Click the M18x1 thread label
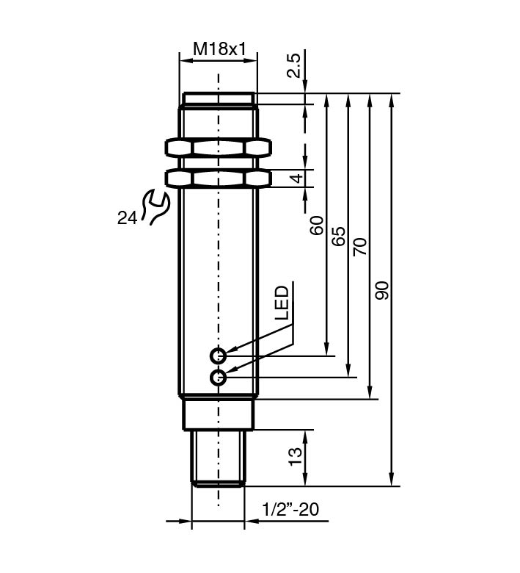[x=218, y=49]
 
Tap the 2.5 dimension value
[x=294, y=67]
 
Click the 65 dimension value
[x=338, y=236]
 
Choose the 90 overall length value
[x=382, y=290]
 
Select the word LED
[x=282, y=303]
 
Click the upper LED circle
[x=218, y=356]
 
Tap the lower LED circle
[x=218, y=378]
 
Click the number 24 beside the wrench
[x=126, y=217]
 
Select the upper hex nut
[x=218, y=148]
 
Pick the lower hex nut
[x=218, y=178]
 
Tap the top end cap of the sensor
[x=218, y=98]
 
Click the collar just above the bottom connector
[x=218, y=413]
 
